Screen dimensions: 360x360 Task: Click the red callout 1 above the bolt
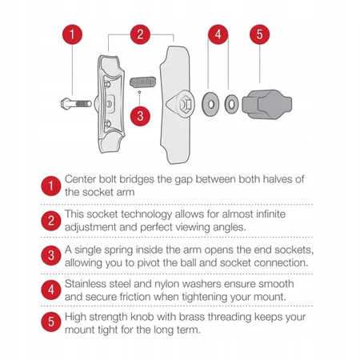pos(72,34)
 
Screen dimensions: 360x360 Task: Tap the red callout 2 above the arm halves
pos(140,34)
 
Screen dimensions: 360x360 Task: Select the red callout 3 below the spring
pos(140,116)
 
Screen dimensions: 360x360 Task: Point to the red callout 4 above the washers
pos(218,34)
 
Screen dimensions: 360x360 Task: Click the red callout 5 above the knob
pos(259,34)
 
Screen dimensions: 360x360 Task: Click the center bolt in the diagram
pos(76,103)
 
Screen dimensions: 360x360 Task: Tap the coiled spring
pos(142,82)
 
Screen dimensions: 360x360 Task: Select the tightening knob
pos(267,104)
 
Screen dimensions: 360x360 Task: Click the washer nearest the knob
pos(231,104)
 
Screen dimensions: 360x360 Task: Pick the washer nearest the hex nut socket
pos(210,104)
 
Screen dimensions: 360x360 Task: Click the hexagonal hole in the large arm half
pos(184,104)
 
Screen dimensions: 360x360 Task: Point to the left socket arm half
pos(110,104)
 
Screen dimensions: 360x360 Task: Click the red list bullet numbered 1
pos(51,186)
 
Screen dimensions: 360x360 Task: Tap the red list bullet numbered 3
pos(51,255)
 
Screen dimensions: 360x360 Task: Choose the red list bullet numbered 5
pos(51,322)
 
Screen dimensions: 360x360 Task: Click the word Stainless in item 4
pos(86,284)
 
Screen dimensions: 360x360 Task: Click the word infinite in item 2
pos(270,214)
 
